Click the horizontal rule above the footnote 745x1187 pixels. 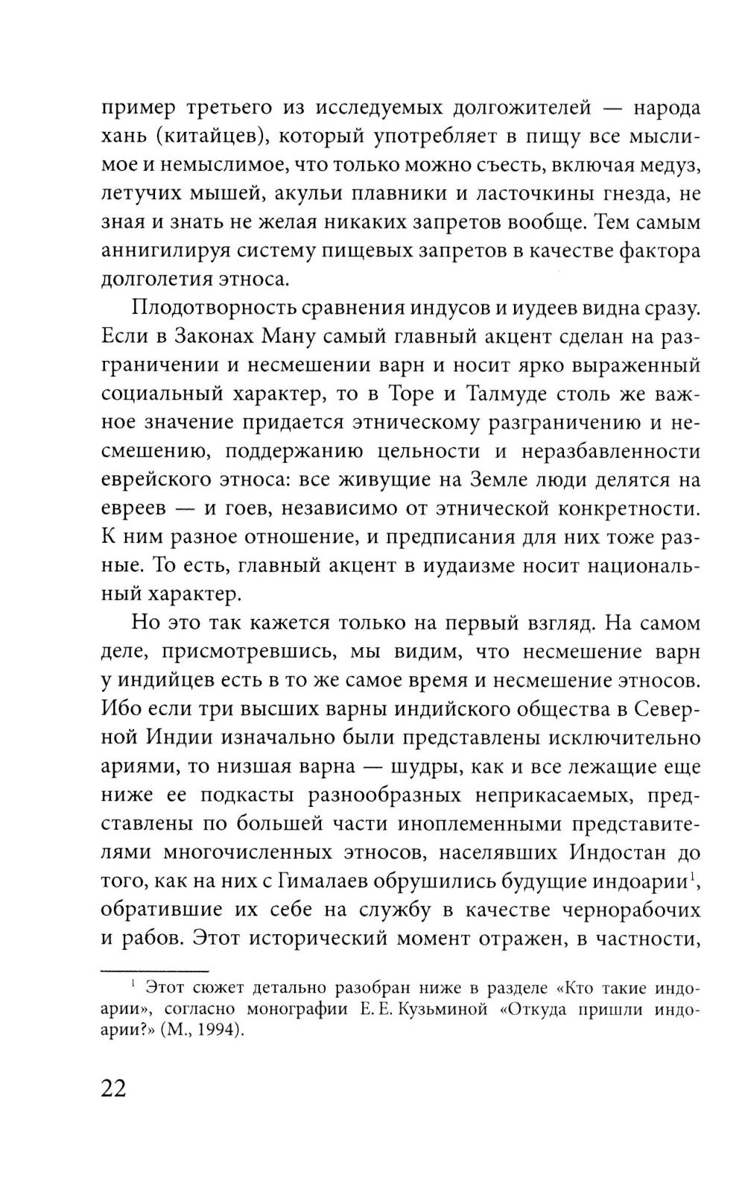pos(154,972)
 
